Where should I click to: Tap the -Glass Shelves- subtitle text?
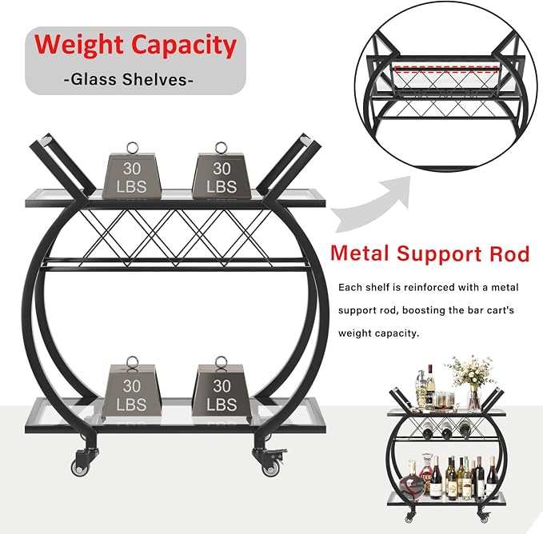tap(129, 80)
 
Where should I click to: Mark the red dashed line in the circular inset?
tap(446, 70)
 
